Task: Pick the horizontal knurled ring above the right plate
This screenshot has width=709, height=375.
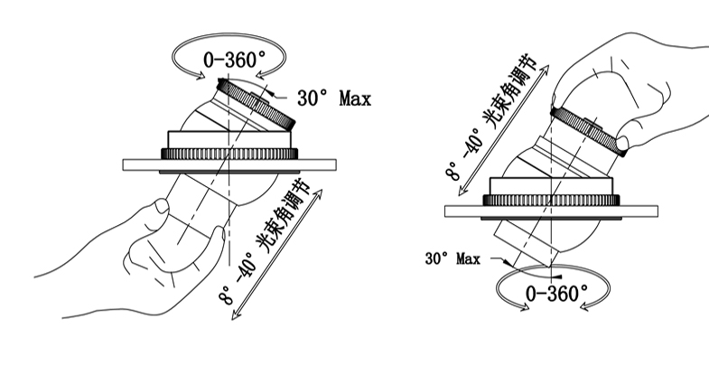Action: click(553, 200)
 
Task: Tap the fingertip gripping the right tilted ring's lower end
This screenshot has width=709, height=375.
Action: click(622, 143)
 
